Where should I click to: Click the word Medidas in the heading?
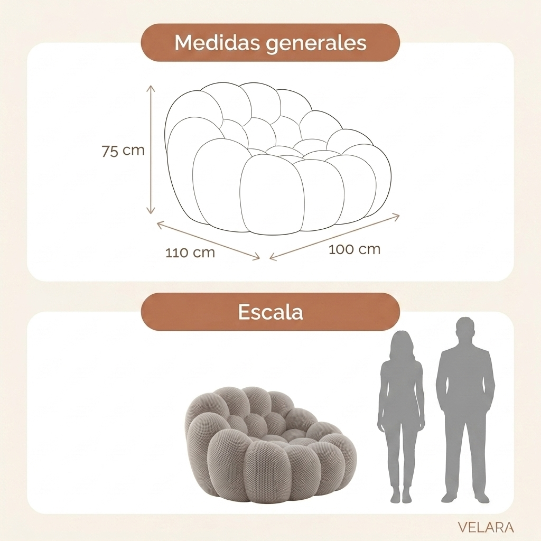[x=217, y=42]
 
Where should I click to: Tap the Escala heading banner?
[x=270, y=312]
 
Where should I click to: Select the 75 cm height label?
[x=123, y=151]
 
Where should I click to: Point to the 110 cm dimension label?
[x=190, y=253]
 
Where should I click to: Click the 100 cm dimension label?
[x=355, y=249]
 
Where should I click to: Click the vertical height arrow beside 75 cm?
[x=151, y=150]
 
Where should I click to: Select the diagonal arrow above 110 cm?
[x=208, y=241]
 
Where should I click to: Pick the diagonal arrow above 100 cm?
[x=334, y=237]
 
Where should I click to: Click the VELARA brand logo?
[x=486, y=527]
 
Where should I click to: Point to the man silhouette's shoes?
[x=465, y=498]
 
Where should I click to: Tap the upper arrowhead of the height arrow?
[x=151, y=88]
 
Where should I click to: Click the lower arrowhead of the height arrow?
[x=151, y=210]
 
